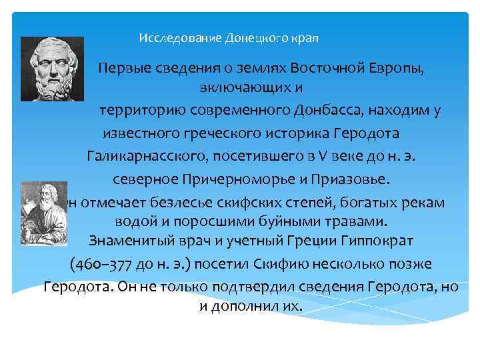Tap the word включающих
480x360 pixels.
tap(244, 89)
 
